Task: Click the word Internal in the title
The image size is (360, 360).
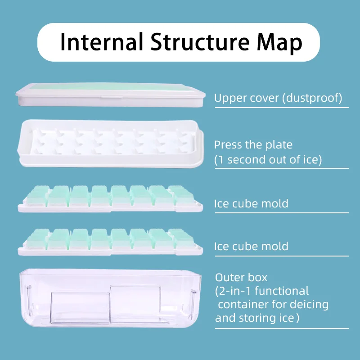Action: [x=101, y=42]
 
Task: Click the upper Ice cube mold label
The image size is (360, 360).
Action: [x=251, y=203]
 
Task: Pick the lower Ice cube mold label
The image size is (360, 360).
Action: [x=251, y=246]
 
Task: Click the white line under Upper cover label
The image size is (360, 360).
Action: [x=281, y=107]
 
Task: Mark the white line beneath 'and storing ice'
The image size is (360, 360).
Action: [x=281, y=328]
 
